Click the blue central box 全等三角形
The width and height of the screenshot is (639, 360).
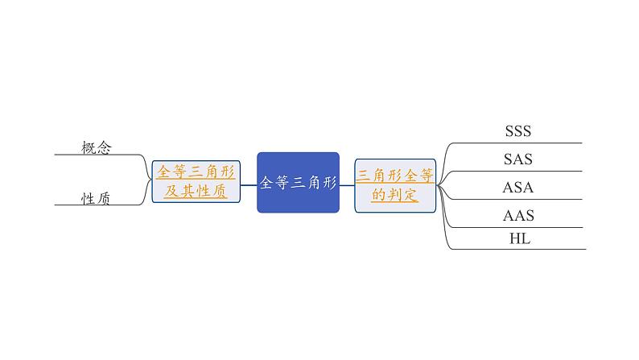coord(298,182)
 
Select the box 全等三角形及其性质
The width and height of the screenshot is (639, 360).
coord(196,181)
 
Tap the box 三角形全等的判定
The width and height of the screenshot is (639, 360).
coord(394,184)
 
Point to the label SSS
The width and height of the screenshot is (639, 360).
coord(517,130)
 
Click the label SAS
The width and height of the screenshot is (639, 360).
coord(517,159)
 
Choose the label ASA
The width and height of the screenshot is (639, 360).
coord(517,188)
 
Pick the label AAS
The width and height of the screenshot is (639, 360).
coord(517,216)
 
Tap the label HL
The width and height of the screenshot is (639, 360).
coord(519,238)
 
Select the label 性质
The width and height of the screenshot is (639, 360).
coord(96,198)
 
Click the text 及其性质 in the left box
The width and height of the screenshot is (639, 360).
coord(196,192)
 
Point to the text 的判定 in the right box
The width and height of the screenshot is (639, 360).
coord(394,194)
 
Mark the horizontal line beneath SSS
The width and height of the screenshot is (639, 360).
coord(523,143)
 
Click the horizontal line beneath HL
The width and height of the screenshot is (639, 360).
coord(523,249)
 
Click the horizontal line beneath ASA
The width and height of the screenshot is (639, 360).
coord(523,201)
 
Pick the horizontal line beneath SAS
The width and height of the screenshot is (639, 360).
coord(523,172)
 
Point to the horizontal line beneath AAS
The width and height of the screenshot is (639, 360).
coord(523,229)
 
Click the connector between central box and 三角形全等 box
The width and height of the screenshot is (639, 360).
coord(347,185)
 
